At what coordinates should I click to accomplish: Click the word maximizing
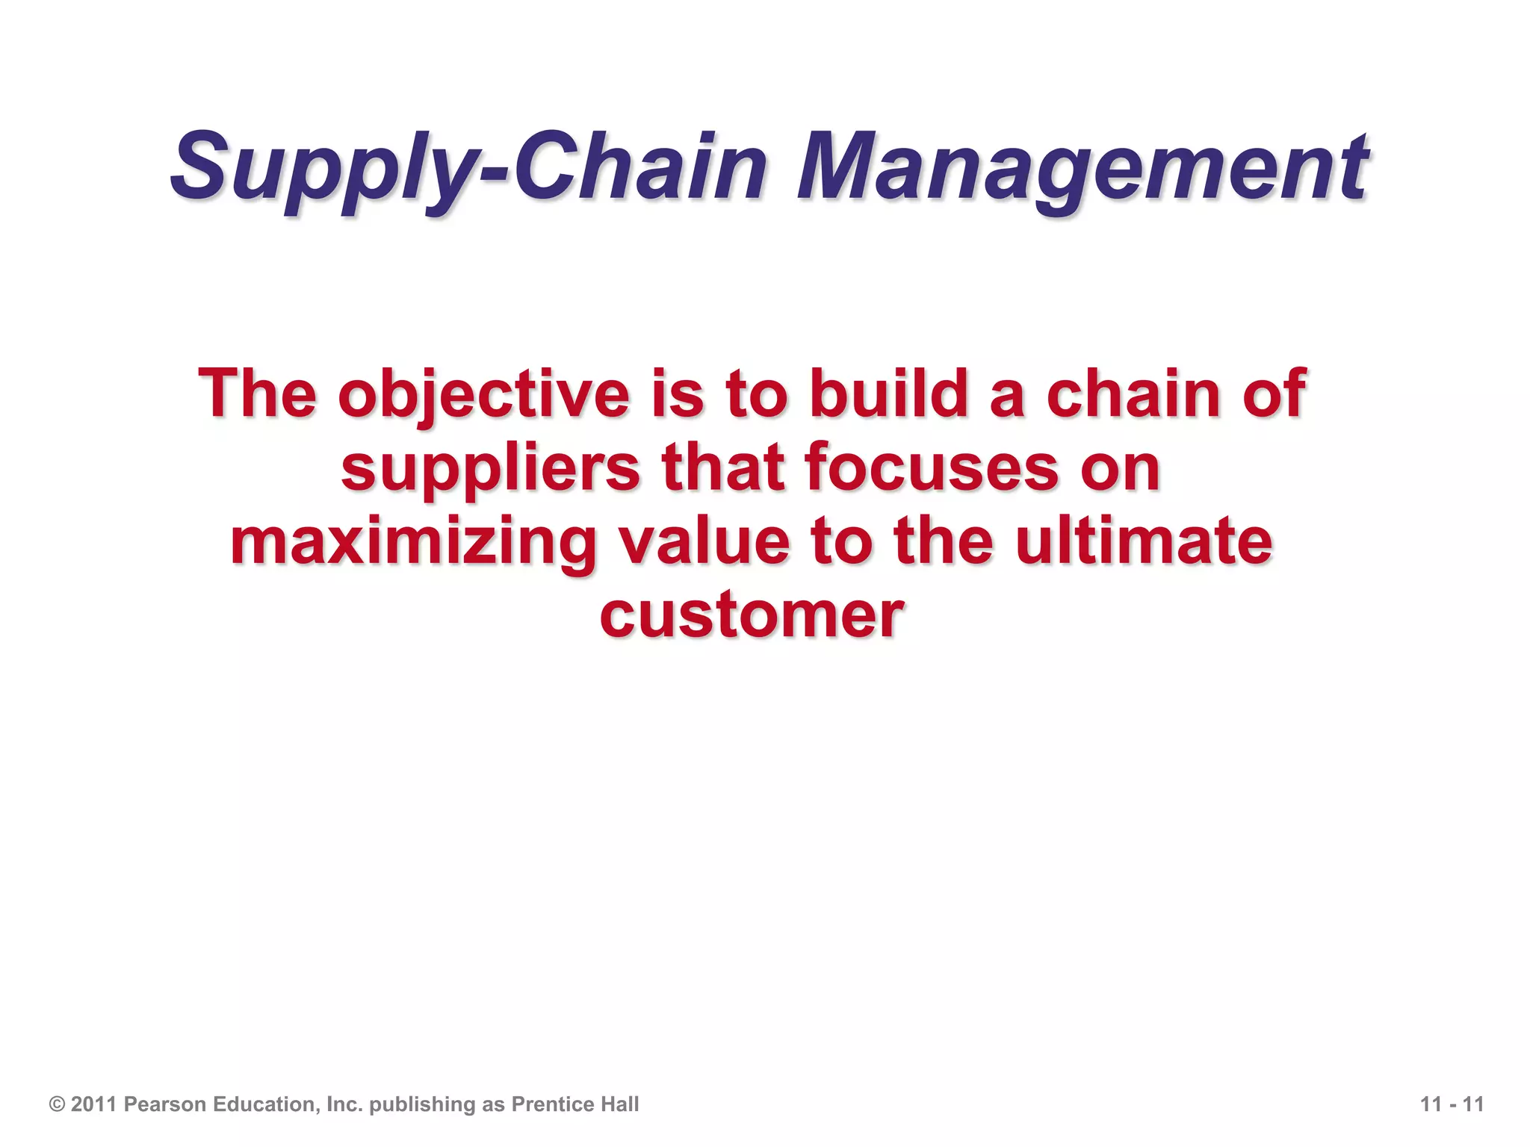(414, 543)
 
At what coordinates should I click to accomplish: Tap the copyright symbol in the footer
(57, 1104)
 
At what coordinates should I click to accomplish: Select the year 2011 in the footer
(93, 1104)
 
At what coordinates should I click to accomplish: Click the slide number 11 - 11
(1452, 1104)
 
